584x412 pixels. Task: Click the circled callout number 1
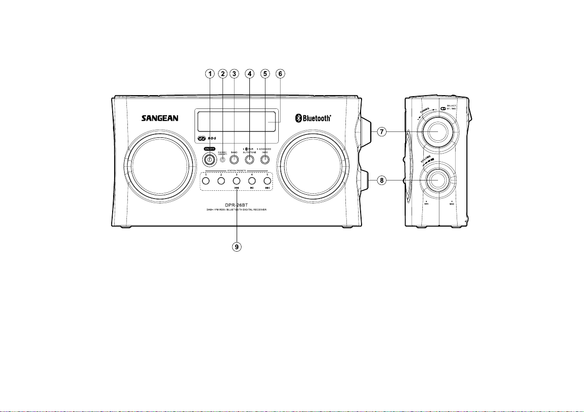(210, 74)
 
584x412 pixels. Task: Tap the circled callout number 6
(280, 74)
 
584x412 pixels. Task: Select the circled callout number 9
(237, 247)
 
